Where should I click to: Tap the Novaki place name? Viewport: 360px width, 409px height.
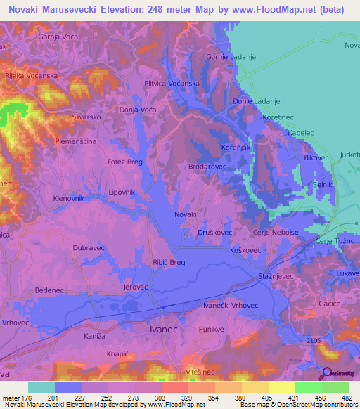(x=186, y=214)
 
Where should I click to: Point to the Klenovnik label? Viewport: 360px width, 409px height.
(x=73, y=199)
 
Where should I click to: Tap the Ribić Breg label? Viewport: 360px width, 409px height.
(x=169, y=262)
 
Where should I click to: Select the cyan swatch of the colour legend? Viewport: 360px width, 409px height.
(x=41, y=387)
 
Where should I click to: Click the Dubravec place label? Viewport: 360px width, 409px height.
(x=88, y=247)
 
